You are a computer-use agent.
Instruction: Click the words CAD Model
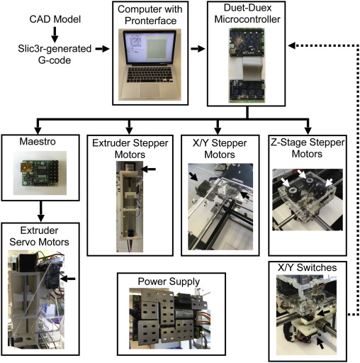click(x=55, y=19)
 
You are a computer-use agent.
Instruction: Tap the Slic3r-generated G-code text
click(x=55, y=54)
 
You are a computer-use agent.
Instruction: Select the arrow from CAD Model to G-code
click(x=55, y=35)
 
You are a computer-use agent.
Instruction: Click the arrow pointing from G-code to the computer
click(x=102, y=49)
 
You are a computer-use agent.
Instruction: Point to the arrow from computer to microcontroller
click(x=198, y=49)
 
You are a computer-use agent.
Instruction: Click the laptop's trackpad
click(x=150, y=90)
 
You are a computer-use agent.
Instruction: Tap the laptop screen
click(x=150, y=48)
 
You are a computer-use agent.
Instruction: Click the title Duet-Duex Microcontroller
click(x=247, y=13)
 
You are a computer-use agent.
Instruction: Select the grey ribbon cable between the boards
click(x=252, y=68)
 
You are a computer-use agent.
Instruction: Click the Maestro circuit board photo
click(x=40, y=173)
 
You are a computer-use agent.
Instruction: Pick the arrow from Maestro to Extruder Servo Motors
click(x=41, y=211)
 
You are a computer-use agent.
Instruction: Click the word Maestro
click(x=38, y=141)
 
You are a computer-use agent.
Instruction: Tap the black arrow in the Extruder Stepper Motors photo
click(x=148, y=169)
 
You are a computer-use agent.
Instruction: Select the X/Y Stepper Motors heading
click(x=220, y=149)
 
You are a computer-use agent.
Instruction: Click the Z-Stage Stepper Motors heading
click(x=308, y=148)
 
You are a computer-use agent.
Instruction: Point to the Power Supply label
click(x=169, y=281)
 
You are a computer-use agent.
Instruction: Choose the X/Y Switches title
click(x=308, y=267)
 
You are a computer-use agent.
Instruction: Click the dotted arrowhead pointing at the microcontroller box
click(x=292, y=45)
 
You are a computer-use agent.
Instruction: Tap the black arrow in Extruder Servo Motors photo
click(x=68, y=279)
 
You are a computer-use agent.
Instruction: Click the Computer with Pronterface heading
click(x=150, y=15)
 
